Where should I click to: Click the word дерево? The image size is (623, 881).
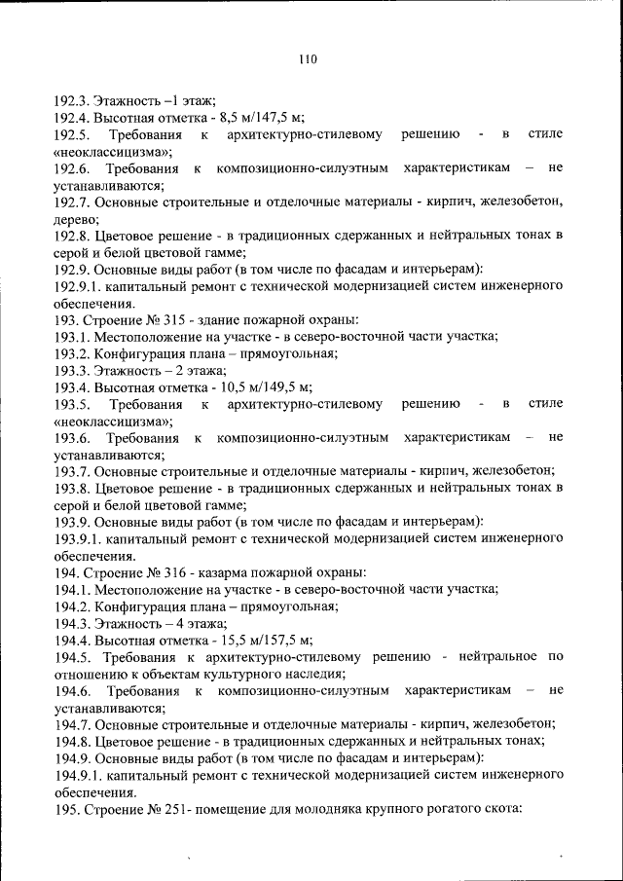[x=74, y=218]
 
